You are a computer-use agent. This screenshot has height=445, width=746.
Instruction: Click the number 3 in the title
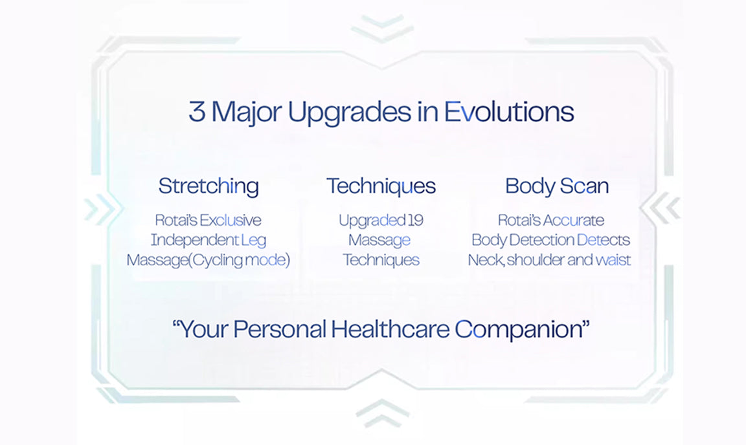(197, 112)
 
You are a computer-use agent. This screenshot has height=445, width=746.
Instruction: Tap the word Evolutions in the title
(509, 112)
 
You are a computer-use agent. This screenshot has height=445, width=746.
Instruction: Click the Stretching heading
(209, 186)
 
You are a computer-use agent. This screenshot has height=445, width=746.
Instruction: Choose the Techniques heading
(381, 186)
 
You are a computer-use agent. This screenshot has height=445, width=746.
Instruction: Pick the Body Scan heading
(557, 186)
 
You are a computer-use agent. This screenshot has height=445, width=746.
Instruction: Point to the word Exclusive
(231, 220)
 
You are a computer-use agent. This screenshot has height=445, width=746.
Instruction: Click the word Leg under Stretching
(254, 241)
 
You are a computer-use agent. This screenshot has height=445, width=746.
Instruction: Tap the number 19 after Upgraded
(416, 220)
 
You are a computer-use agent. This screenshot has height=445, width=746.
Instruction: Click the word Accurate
(573, 220)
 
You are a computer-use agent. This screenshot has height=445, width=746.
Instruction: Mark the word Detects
(604, 240)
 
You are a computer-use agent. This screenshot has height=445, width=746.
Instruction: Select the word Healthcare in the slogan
(390, 329)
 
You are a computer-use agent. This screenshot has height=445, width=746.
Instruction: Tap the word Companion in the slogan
(518, 330)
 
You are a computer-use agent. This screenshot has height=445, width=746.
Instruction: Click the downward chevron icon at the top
(383, 28)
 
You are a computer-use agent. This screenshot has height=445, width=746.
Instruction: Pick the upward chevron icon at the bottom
(383, 413)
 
